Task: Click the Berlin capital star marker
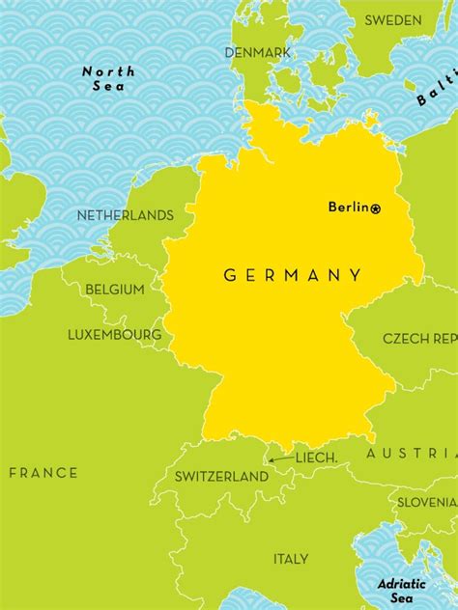pyautogui.click(x=376, y=208)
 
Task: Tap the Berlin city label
pyautogui.click(x=349, y=207)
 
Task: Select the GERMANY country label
pyautogui.click(x=293, y=275)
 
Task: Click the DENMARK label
pyautogui.click(x=258, y=52)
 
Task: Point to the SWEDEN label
pyautogui.click(x=393, y=20)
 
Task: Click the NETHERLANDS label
pyautogui.click(x=126, y=215)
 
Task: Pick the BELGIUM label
pyautogui.click(x=115, y=289)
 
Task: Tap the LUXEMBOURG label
pyautogui.click(x=114, y=335)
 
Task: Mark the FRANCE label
pyautogui.click(x=43, y=472)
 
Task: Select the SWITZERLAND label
pyautogui.click(x=221, y=477)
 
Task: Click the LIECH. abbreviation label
pyautogui.click(x=316, y=457)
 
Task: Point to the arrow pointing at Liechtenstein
pyautogui.click(x=281, y=459)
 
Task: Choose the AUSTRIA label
pyautogui.click(x=412, y=453)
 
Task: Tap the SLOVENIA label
pyautogui.click(x=427, y=502)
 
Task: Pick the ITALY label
pyautogui.click(x=291, y=559)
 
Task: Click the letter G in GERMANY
pyautogui.click(x=230, y=275)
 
